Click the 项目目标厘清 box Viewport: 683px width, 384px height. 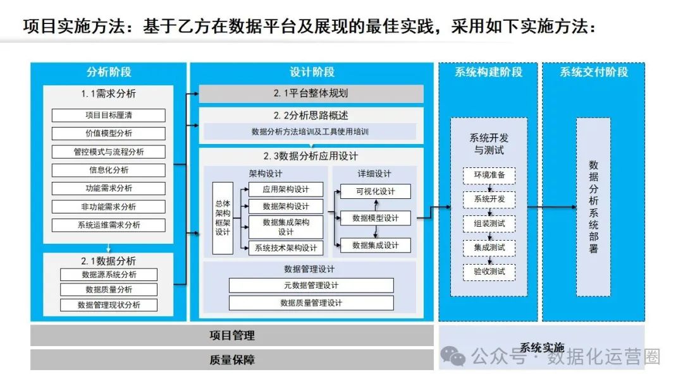tap(108, 116)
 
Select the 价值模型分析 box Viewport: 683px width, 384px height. tap(108, 133)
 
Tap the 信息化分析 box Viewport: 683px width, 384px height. tap(108, 170)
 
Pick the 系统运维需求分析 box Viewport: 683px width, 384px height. tap(108, 225)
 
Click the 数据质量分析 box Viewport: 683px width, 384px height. tap(108, 290)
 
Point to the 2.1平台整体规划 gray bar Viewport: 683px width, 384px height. tap(311, 93)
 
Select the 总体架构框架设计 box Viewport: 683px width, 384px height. tap(223, 218)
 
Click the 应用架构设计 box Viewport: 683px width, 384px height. tap(285, 189)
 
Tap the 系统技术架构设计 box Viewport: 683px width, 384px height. tap(285, 248)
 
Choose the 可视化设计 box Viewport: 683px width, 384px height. tap(375, 191)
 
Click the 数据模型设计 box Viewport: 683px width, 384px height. tap(375, 218)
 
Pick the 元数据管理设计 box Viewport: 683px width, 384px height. tap(311, 285)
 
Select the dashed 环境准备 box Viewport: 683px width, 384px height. tap(489, 175)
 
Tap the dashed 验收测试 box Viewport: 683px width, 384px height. tap(489, 272)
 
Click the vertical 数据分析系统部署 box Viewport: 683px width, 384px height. tap(593, 207)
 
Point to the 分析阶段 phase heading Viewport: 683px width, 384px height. tap(108, 72)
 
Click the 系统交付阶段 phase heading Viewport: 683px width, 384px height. tap(593, 72)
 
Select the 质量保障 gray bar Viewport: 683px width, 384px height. tap(231, 360)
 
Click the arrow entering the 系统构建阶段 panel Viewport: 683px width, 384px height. tap(444, 207)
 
